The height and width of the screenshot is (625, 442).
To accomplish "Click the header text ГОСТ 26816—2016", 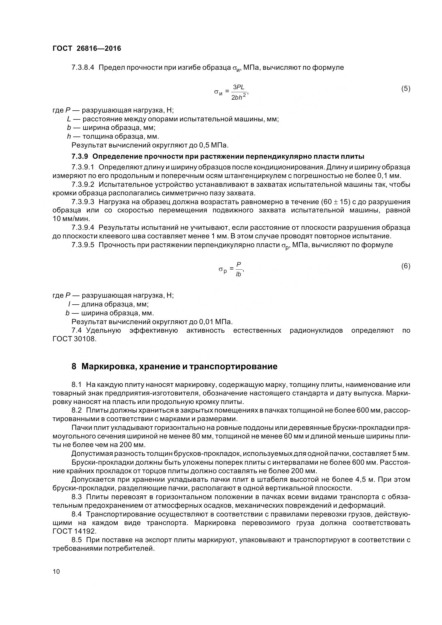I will [x=87, y=48].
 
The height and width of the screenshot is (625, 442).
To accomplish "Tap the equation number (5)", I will [x=406, y=88].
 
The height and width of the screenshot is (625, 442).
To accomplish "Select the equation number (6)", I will [x=406, y=266].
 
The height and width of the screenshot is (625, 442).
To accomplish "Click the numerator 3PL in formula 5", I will [x=239, y=87].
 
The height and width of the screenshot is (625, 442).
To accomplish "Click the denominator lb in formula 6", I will [x=239, y=274].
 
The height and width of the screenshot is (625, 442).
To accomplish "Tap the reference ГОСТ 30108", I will [x=74, y=339].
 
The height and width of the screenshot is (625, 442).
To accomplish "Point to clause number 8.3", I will [x=77, y=497].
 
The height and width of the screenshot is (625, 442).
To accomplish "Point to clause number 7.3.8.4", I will [x=83, y=67].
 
